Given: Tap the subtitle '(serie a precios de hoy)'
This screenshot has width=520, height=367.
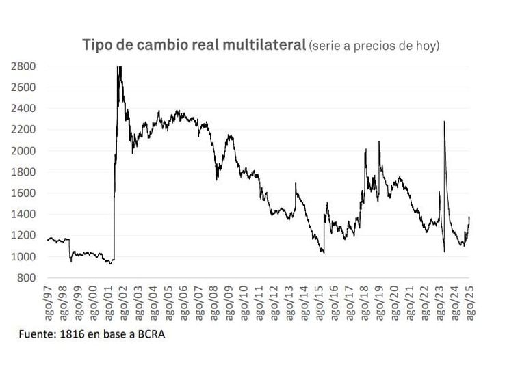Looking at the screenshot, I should [x=374, y=46].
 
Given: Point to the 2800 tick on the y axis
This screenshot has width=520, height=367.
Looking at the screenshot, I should [x=23, y=66].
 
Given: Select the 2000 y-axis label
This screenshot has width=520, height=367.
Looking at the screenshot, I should [x=23, y=151].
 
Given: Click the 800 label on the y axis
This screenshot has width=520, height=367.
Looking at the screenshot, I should [x=27, y=278].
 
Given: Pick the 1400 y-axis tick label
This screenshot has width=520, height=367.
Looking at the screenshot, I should [x=23, y=215].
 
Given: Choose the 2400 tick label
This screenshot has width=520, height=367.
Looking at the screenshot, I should [x=23, y=109].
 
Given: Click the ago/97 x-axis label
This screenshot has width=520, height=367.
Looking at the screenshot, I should [x=48, y=301].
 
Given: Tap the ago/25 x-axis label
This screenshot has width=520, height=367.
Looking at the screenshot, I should [x=469, y=301].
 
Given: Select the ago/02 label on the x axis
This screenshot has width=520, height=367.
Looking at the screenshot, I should [x=123, y=301].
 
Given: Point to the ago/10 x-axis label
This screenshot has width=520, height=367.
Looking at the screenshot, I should [x=244, y=301].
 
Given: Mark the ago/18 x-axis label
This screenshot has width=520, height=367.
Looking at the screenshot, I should [x=364, y=301].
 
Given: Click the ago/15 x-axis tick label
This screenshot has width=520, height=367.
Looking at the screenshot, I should [x=319, y=301].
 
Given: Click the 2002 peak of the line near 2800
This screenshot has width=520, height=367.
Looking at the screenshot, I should [x=120, y=67].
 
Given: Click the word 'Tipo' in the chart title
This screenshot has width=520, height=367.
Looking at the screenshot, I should [x=97, y=45].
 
